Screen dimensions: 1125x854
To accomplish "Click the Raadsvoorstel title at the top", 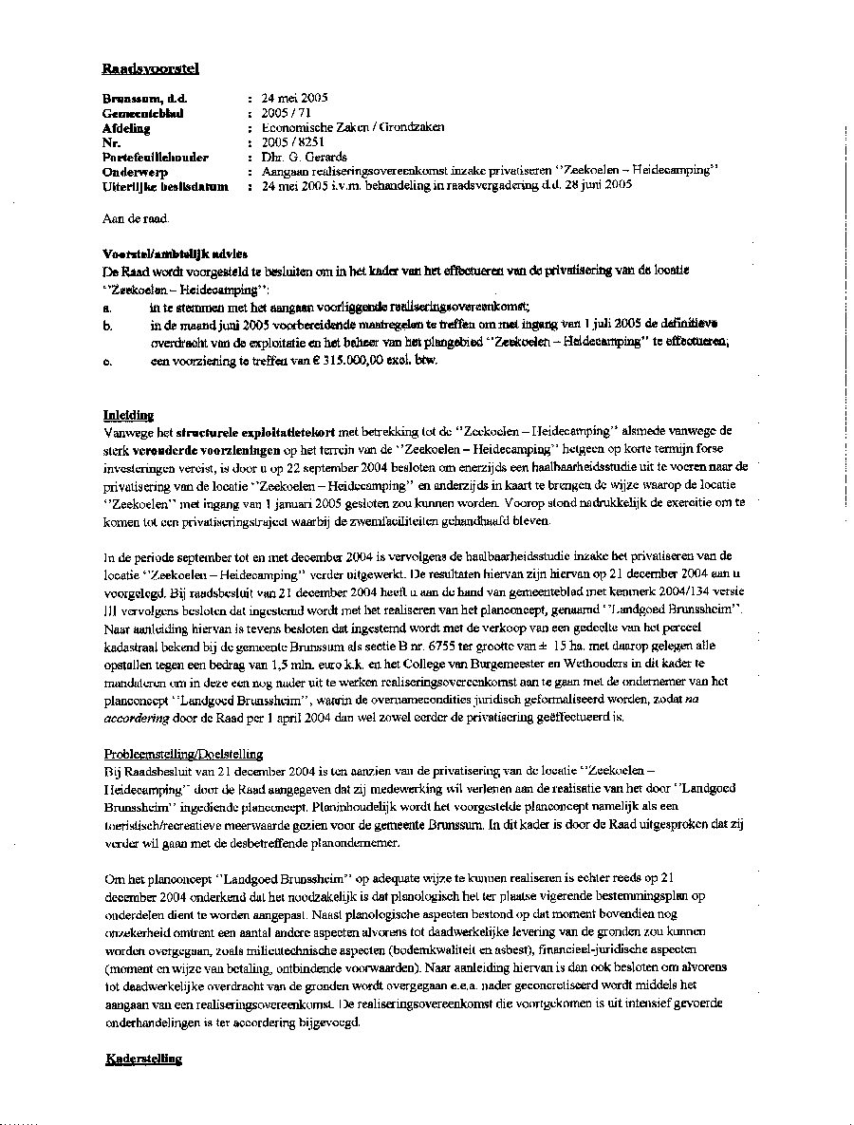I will click(150, 68).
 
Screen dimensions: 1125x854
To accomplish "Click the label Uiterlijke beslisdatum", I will click(165, 186).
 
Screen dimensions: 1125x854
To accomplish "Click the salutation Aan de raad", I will click(136, 219).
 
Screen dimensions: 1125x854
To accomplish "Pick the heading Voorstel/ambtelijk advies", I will click(175, 253).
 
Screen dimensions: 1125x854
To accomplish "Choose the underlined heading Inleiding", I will click(128, 415).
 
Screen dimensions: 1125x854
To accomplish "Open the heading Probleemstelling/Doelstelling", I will click(183, 754).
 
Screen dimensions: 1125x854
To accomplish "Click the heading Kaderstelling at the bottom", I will click(143, 1059).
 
